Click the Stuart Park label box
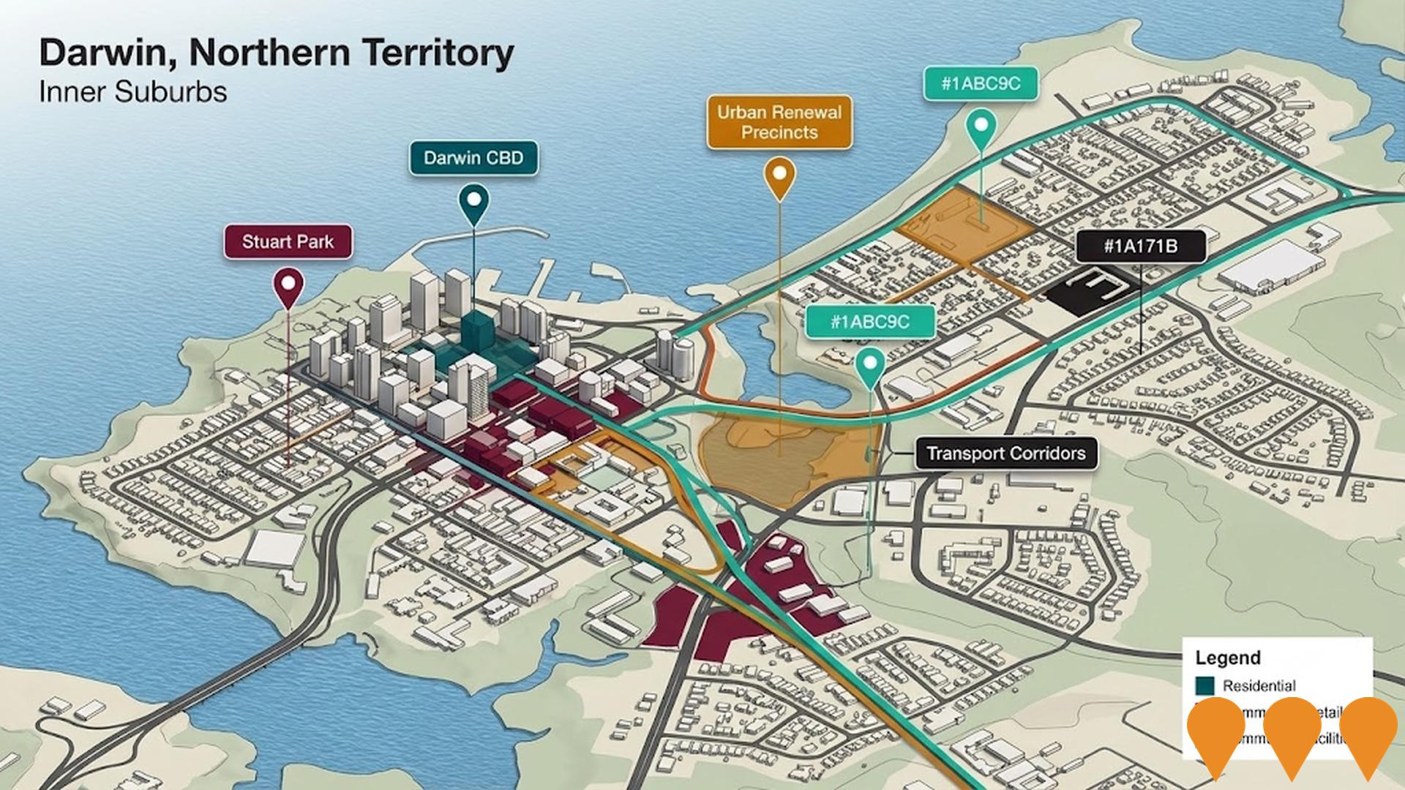(x=288, y=242)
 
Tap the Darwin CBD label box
(x=473, y=158)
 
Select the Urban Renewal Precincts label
(x=779, y=122)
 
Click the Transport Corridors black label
(x=1005, y=454)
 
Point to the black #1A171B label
(x=1140, y=247)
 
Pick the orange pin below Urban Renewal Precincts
(x=779, y=176)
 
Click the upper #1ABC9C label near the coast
(x=981, y=83)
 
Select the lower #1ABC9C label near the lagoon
(x=870, y=322)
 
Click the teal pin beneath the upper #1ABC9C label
(x=981, y=128)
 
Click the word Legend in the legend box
(x=1227, y=657)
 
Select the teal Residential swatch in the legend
(x=1204, y=685)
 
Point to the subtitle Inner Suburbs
(x=132, y=92)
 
